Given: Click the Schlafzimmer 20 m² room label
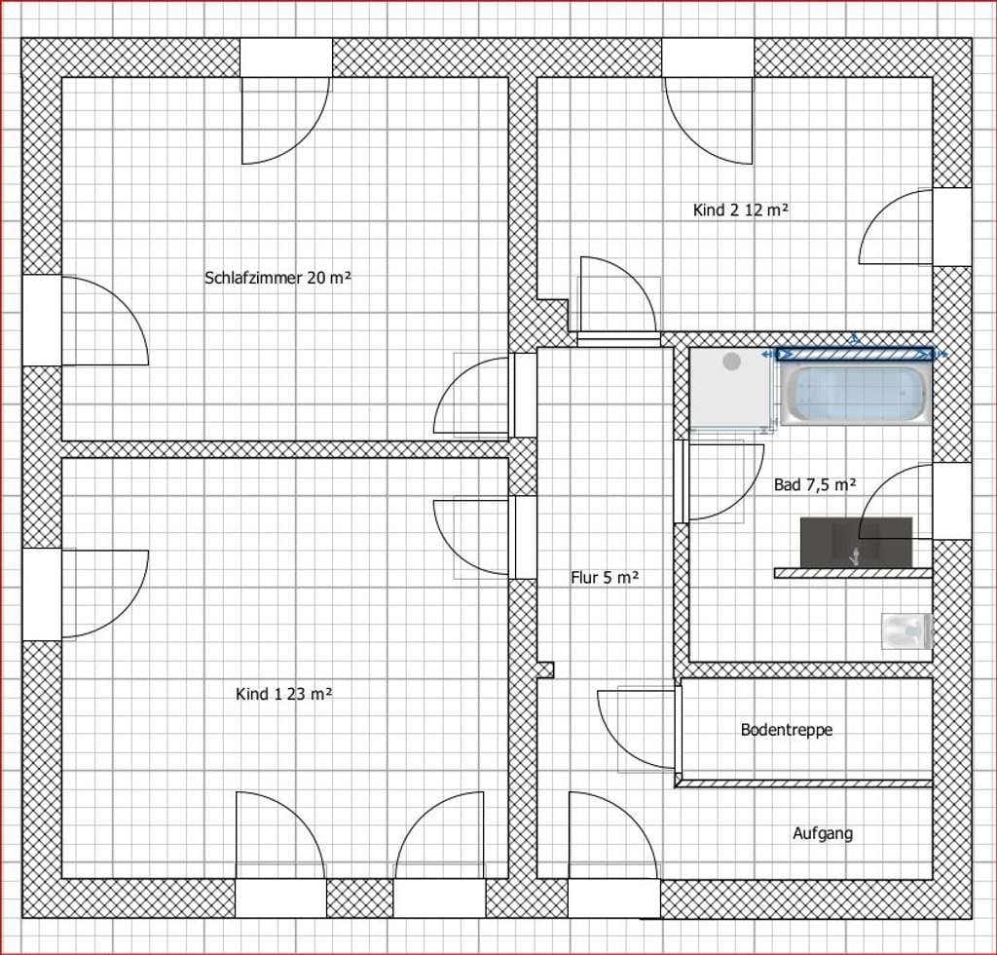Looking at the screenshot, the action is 277,278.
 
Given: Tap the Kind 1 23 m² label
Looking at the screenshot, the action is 283,694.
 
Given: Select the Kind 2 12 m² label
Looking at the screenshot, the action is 741,210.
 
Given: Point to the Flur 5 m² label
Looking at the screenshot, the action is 605,578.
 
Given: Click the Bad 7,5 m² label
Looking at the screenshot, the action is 815,485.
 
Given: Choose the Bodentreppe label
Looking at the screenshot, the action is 787,730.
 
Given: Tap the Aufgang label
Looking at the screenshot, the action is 823,833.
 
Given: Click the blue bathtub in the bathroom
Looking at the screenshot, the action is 856,395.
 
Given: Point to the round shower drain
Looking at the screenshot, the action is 732,362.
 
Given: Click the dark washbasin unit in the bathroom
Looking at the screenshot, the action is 856,542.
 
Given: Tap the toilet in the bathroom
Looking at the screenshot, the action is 906,630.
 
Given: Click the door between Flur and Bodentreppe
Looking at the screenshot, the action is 637,729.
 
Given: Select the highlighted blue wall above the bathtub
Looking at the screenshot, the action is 856,354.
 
